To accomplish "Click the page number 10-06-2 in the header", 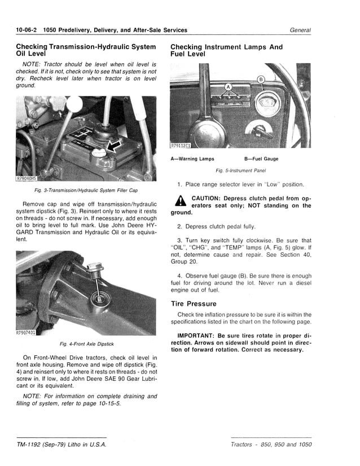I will tap(27, 30).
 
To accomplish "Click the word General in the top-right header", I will tap(300, 30).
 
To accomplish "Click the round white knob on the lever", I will tap(74, 105).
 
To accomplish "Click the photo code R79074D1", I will tap(26, 332).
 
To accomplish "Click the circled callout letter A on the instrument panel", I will tap(229, 87).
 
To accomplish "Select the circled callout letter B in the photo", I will tap(261, 78).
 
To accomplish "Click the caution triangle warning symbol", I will tap(180, 201).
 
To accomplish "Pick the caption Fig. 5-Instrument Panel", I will tap(240, 170).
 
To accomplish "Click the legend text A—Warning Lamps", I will tap(192, 159).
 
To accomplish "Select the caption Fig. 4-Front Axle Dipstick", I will tap(86, 344).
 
